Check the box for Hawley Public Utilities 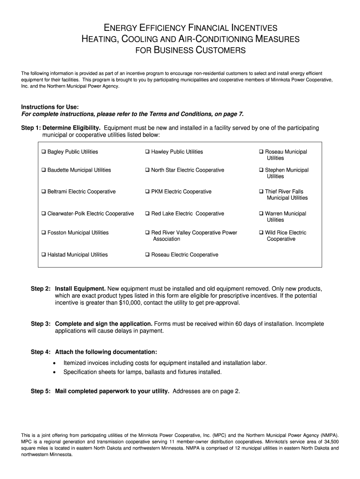click(x=147, y=152)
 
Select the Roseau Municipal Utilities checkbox click(x=261, y=152)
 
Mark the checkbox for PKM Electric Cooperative click(x=147, y=192)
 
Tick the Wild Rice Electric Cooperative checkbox click(x=261, y=233)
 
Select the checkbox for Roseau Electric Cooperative click(x=147, y=255)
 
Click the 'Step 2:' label click(x=41, y=289)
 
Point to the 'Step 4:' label click(x=41, y=352)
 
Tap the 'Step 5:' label click(x=41, y=391)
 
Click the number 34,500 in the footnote click(x=330, y=441)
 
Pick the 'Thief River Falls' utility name click(x=284, y=192)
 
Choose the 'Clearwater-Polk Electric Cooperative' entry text click(x=91, y=214)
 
